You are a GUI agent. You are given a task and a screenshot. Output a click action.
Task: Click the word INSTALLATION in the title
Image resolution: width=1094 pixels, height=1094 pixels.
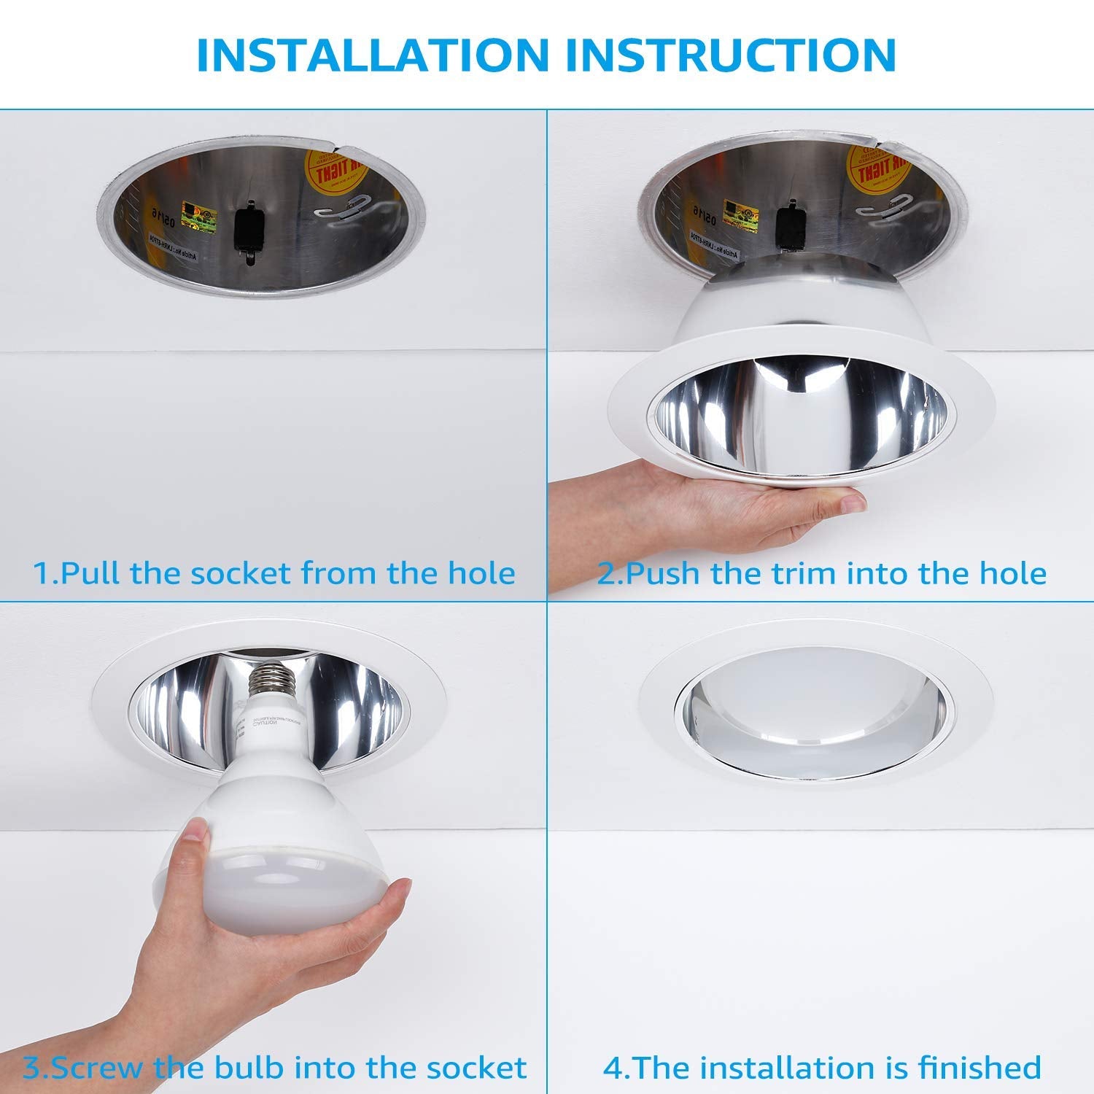[x=372, y=54]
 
